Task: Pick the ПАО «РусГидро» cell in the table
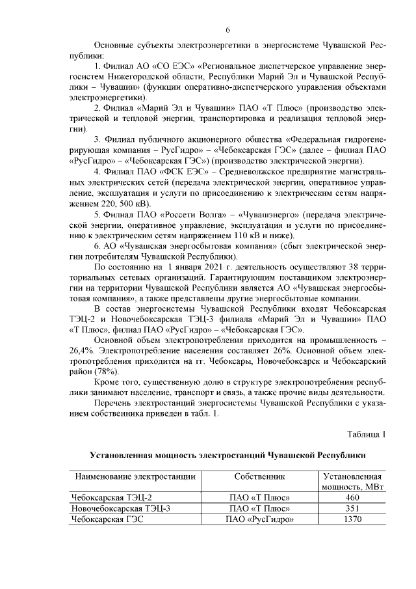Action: (260, 519)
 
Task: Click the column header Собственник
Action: (260, 476)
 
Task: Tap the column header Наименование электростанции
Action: (135, 476)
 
